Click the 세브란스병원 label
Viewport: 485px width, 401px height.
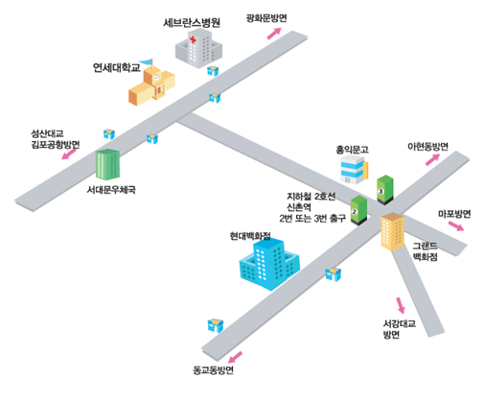[x=192, y=23]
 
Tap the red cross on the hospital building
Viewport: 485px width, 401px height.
[x=193, y=39]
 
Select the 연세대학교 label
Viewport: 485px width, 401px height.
[x=117, y=67]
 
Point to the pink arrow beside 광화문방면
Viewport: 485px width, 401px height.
[x=274, y=34]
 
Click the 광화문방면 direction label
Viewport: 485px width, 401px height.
[x=266, y=18]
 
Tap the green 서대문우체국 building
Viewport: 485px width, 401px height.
[x=107, y=164]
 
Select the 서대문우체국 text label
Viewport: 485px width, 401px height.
[x=111, y=190]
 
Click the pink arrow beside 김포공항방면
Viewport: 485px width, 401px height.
[x=69, y=154]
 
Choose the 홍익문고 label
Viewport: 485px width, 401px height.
[x=352, y=150]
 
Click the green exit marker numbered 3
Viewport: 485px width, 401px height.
[x=385, y=190]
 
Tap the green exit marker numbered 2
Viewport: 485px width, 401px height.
[x=358, y=210]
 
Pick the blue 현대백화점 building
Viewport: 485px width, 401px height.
[x=269, y=264]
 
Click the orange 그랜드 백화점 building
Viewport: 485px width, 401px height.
[x=392, y=231]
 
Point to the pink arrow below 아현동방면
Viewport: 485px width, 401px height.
[x=432, y=159]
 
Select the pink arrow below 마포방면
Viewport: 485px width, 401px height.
[x=456, y=225]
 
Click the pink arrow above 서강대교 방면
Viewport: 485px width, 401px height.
[x=401, y=305]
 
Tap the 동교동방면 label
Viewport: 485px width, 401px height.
[x=213, y=370]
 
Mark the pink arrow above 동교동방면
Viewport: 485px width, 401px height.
[x=236, y=357]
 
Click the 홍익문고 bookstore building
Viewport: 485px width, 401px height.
[x=354, y=170]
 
